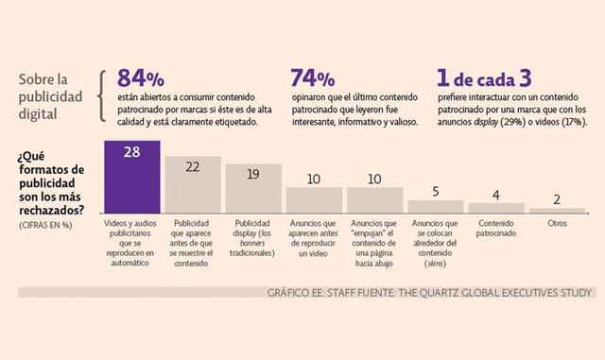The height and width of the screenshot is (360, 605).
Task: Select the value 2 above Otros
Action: pos(557,198)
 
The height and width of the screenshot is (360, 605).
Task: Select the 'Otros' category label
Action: pos(557,224)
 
